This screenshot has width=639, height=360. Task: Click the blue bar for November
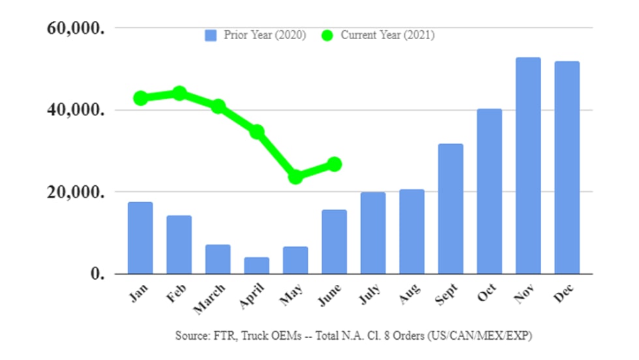pos(528,166)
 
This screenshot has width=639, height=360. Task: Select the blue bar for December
pos(567,168)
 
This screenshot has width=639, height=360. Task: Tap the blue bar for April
pos(256,265)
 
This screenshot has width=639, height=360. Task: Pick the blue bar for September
pos(451,209)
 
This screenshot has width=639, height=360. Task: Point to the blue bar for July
pos(373,233)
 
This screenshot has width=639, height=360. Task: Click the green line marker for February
pos(179,93)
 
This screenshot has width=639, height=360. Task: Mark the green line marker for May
pos(295,177)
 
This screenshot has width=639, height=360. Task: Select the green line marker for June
pos(334,164)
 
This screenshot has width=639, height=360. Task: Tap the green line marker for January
pos(140,98)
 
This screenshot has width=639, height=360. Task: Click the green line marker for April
pos(257,132)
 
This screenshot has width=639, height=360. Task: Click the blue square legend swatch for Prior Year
pos(210,35)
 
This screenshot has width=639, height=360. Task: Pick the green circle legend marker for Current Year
pos(327,35)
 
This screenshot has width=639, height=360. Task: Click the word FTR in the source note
pos(220,337)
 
